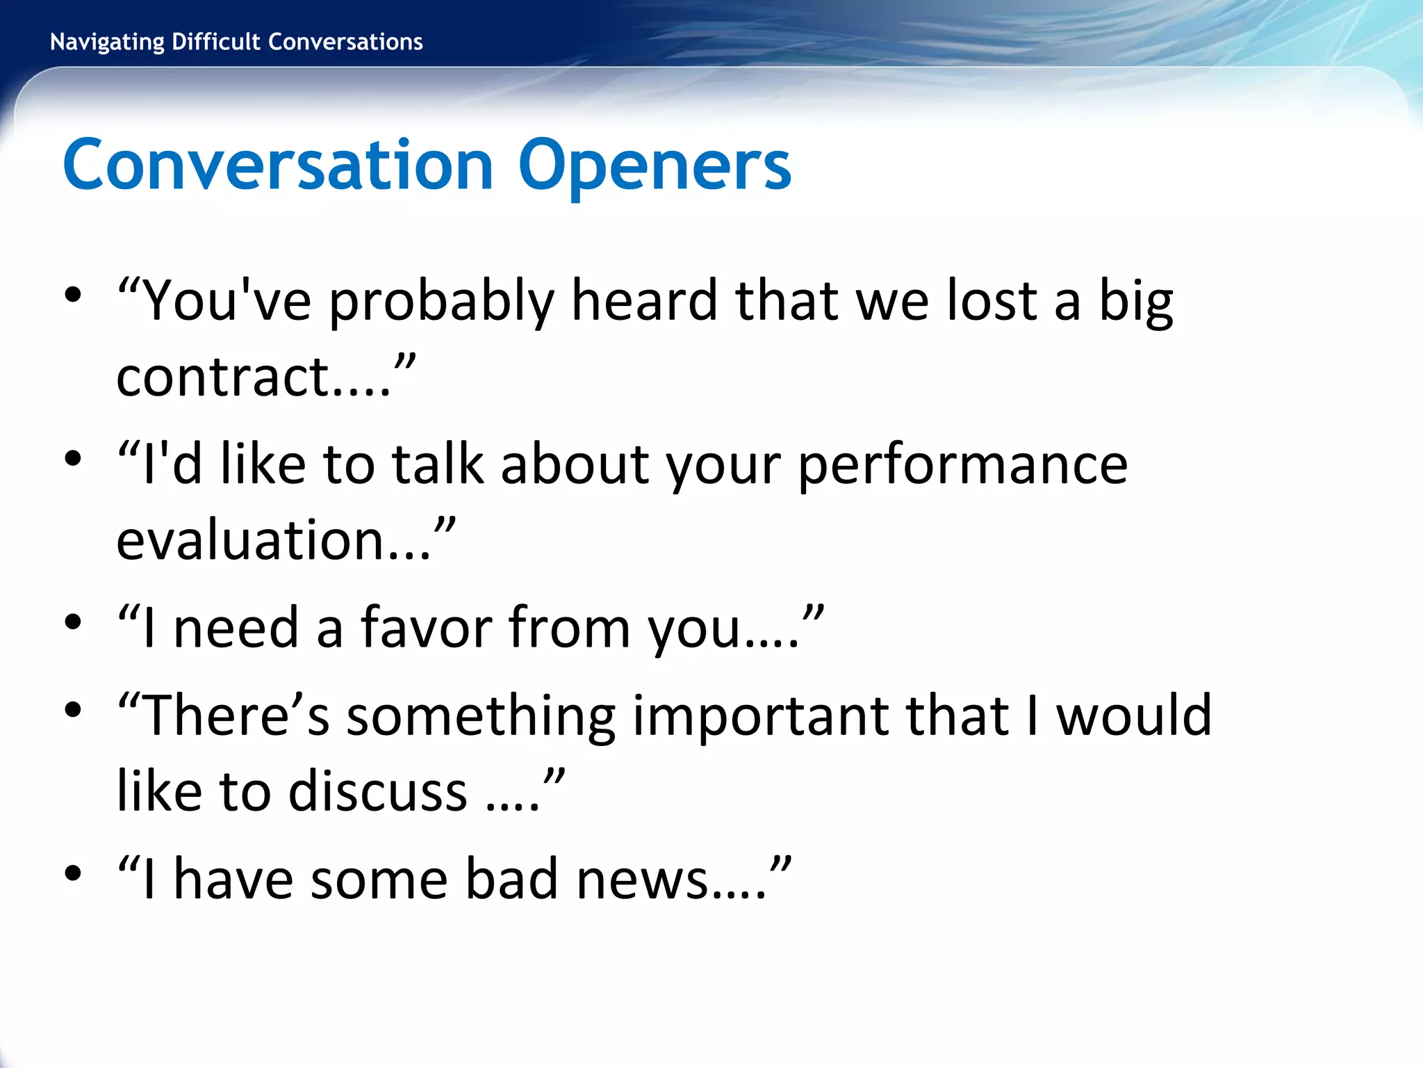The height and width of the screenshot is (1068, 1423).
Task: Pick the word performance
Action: point(962,466)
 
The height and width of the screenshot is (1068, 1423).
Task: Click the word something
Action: point(481,716)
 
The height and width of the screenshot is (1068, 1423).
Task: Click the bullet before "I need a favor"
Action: point(73,622)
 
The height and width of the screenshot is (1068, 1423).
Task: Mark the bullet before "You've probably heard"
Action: point(73,295)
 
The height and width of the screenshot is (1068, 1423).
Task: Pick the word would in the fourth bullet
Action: point(1133,716)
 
